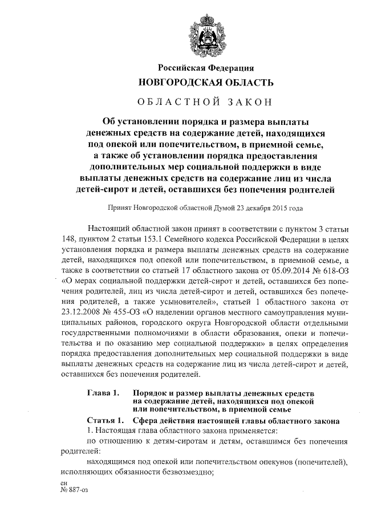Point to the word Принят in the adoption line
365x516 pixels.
(x=121, y=209)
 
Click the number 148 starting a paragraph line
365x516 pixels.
(x=67, y=238)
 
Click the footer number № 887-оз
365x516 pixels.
(x=74, y=489)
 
